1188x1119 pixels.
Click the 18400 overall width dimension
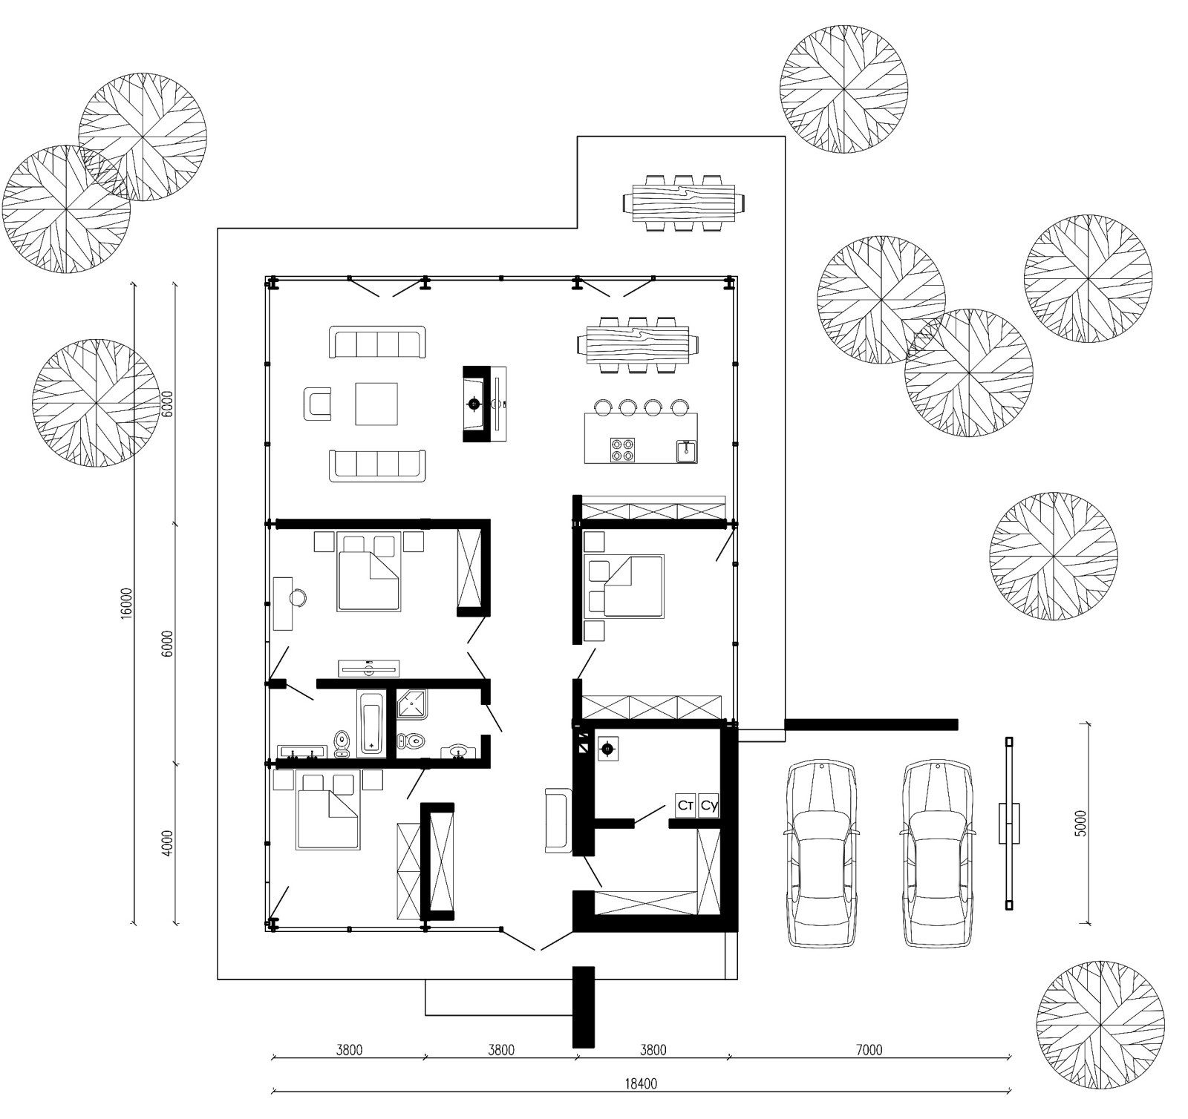640,1083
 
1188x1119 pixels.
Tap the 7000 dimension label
869,1050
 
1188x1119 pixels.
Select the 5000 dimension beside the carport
1080,823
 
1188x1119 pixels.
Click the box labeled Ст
685,805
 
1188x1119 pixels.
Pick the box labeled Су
709,805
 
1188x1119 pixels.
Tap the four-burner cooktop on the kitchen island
622,449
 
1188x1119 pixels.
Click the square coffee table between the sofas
376,404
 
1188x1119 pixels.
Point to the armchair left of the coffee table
317,404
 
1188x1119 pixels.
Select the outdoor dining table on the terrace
684,203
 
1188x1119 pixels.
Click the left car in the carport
820,853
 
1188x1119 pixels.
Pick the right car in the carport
938,853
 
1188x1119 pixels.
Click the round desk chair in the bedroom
299,597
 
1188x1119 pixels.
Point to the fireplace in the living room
485,404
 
